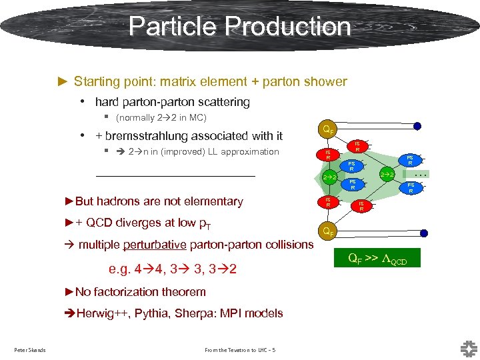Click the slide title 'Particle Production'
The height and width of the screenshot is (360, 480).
point(239,27)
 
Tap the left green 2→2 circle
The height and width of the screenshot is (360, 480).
point(328,178)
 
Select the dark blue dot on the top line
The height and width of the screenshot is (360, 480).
point(417,126)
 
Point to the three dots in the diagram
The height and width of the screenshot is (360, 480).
point(421,174)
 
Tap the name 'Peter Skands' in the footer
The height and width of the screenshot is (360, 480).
point(30,350)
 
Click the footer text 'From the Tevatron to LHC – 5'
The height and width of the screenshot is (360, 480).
point(241,350)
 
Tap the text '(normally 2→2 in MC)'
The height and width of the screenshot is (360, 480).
point(161,118)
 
